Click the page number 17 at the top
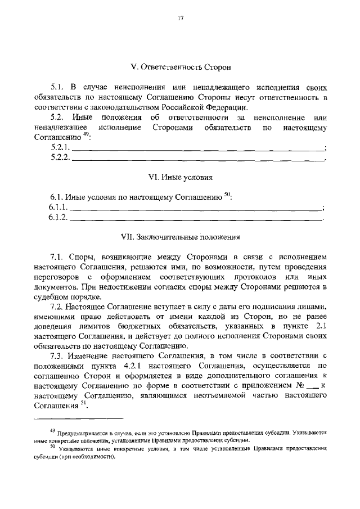(180, 19)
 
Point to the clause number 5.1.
(58, 87)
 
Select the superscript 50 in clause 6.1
(227, 195)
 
